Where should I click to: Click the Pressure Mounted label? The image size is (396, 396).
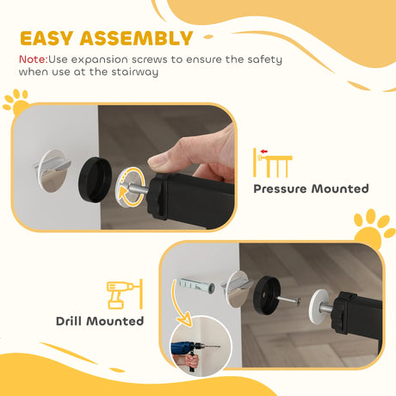coord(311,189)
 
